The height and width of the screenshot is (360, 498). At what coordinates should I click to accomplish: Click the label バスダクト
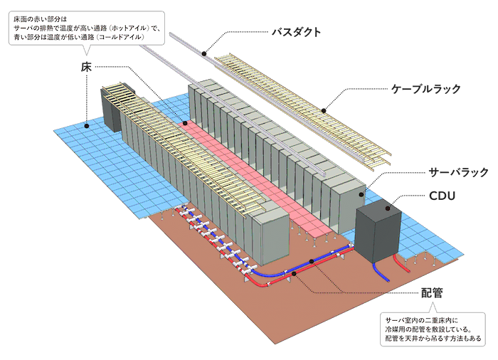coord(296,32)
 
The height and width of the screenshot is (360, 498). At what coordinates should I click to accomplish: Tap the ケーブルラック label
coord(426,89)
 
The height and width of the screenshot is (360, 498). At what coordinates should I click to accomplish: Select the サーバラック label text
coord(458,172)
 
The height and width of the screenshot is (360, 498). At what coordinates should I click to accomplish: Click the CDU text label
coord(442,196)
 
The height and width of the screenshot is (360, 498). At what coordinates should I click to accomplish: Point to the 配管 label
coord(432,292)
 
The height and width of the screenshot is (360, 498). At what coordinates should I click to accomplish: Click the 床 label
coord(86,67)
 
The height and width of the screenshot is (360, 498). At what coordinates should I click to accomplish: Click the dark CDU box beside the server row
coord(378,230)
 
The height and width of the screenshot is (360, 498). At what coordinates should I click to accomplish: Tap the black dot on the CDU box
coord(388,208)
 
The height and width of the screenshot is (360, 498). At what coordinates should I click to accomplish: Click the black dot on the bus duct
coord(204,53)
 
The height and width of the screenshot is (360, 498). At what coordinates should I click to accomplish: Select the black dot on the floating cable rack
coord(323,110)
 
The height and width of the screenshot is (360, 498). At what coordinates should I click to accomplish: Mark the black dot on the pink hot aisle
coord(185,123)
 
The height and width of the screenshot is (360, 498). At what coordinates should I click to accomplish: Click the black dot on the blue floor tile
coord(86,126)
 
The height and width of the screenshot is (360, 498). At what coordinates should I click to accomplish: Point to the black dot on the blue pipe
coord(312,261)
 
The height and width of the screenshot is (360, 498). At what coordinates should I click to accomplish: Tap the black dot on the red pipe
coord(294,274)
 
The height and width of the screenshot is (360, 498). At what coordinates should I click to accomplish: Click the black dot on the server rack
coord(361,194)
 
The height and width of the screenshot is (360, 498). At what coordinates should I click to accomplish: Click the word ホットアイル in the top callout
coord(130,28)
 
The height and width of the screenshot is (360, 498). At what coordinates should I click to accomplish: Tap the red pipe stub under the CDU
coord(401,263)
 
